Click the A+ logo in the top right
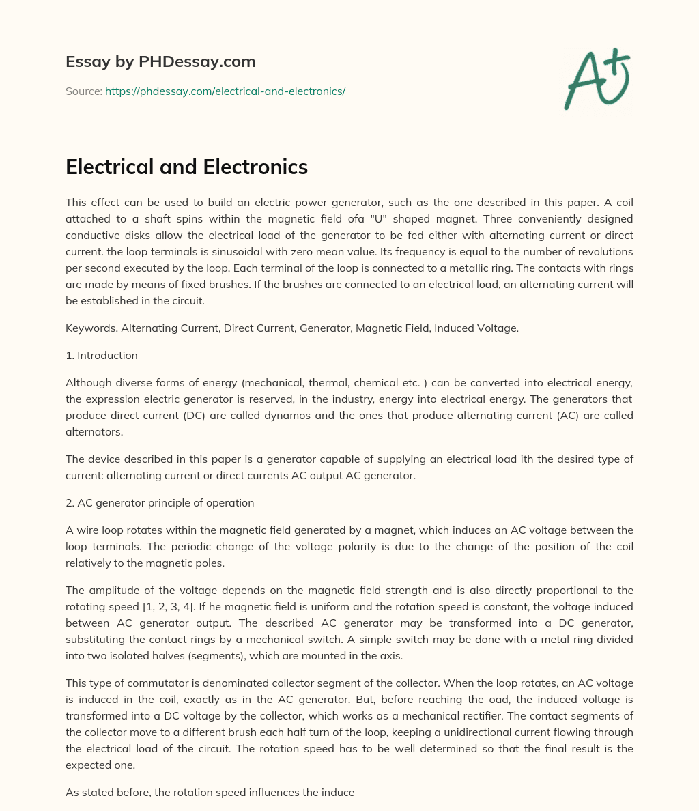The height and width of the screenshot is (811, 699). pyautogui.click(x=597, y=79)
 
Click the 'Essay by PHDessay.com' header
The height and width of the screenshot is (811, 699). pyautogui.click(x=160, y=62)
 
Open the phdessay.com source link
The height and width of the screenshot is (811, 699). pyautogui.click(x=225, y=91)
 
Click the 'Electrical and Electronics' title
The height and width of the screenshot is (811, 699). pyautogui.click(x=186, y=167)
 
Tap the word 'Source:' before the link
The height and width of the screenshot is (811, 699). pyautogui.click(x=84, y=91)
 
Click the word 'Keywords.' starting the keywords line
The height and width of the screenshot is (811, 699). pyautogui.click(x=91, y=328)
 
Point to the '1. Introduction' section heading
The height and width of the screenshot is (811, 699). pyautogui.click(x=102, y=355)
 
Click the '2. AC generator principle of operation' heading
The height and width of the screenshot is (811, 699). pyautogui.click(x=160, y=502)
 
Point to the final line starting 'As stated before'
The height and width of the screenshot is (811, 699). pyautogui.click(x=210, y=792)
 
